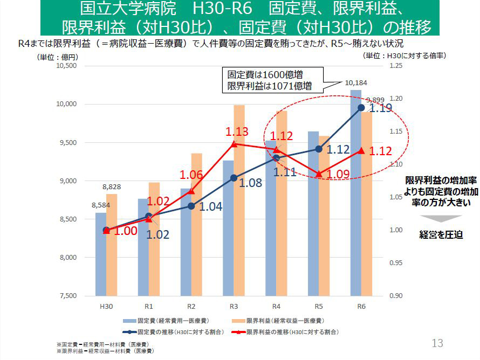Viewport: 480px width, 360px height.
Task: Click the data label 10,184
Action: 355,83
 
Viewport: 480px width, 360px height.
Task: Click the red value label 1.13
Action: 237,131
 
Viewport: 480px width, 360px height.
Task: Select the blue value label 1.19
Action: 381,108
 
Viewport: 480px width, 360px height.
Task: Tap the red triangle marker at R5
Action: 319,174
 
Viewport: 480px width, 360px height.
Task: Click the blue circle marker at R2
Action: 191,206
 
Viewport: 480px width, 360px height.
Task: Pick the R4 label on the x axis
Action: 276,306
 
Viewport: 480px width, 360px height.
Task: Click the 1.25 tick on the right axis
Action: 396,66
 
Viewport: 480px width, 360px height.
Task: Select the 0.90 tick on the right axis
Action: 396,296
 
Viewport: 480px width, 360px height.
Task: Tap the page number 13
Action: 437,343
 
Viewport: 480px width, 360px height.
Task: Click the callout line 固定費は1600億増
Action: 268,75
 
